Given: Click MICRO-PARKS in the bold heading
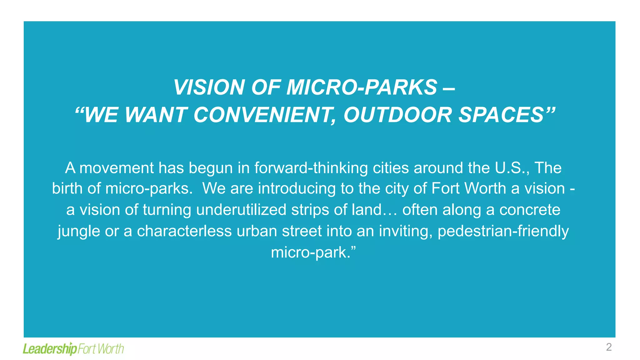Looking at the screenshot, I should pos(362,87).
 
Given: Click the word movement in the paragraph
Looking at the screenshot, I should pos(117,168).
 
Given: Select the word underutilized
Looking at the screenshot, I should pos(241,210).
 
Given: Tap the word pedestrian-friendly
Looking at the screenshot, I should pos(503,231).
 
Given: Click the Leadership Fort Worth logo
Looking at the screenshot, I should pos(73,348).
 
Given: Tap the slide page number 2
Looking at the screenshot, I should pos(609,347).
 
